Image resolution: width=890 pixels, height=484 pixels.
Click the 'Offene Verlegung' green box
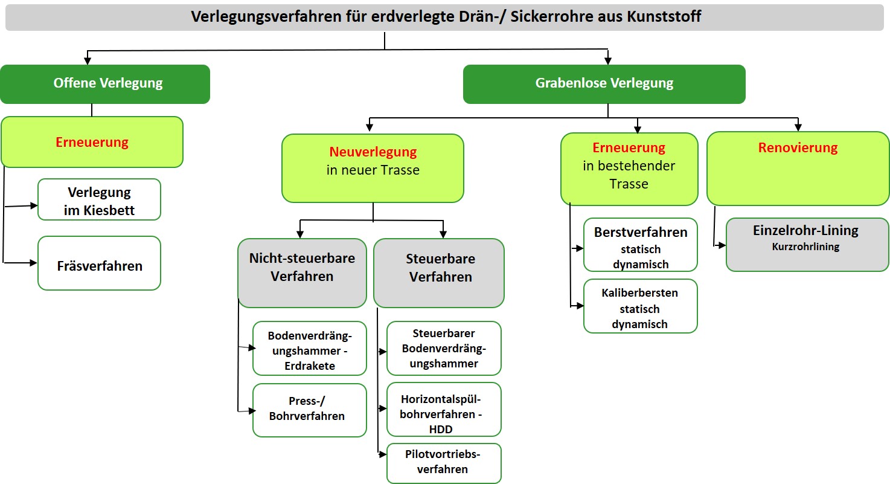(105, 85)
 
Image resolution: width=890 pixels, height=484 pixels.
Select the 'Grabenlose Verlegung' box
(604, 85)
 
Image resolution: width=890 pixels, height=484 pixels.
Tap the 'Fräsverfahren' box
(100, 263)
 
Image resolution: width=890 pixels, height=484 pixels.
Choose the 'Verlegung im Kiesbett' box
(100, 199)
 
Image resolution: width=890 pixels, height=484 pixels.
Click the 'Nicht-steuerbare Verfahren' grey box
(302, 273)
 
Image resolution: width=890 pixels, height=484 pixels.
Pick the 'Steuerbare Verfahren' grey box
(439, 273)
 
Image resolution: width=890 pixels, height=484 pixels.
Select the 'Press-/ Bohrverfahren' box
(310, 410)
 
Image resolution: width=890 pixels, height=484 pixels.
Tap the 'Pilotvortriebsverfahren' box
(444, 463)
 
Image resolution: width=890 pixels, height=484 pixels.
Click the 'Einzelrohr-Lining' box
(807, 245)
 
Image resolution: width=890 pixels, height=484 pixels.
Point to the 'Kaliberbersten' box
(641, 306)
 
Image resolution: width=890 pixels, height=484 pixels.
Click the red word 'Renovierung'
(798, 147)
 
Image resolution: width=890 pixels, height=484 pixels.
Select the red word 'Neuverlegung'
(373, 152)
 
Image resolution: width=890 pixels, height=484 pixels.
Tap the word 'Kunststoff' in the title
(664, 16)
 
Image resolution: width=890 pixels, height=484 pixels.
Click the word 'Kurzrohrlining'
(805, 247)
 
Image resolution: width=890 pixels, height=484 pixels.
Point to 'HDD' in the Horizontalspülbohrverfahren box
(441, 430)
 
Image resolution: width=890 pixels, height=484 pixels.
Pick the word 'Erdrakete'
(310, 366)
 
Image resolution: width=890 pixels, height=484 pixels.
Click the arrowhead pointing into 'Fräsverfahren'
(33, 263)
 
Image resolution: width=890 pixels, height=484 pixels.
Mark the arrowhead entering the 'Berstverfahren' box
(580, 248)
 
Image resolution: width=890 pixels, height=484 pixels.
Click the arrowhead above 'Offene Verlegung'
(88, 61)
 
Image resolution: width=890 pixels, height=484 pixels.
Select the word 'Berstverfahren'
(641, 232)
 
